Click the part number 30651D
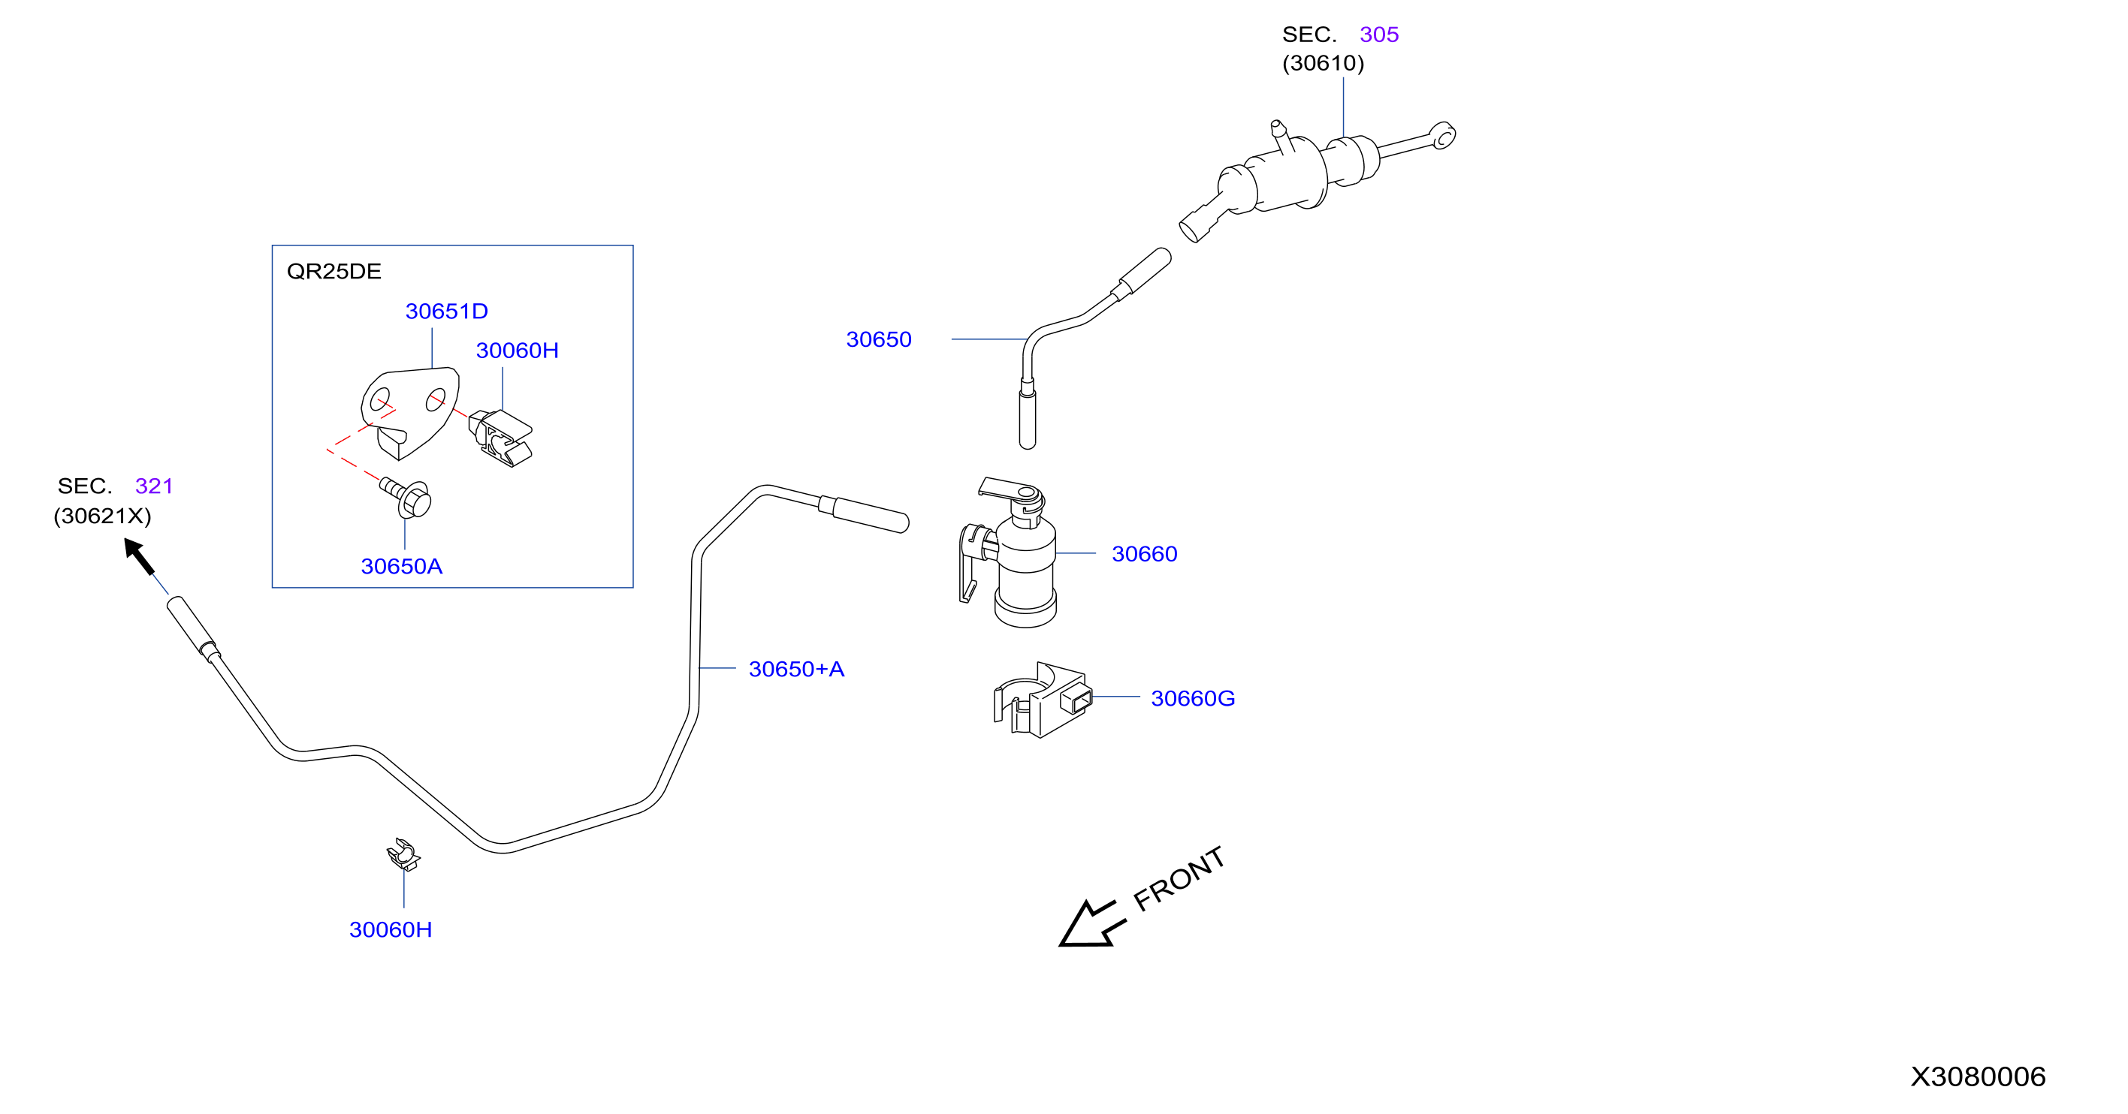pyautogui.click(x=446, y=312)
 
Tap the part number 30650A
pyautogui.click(x=401, y=567)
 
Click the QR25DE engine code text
pyautogui.click(x=334, y=272)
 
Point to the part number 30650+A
pyautogui.click(x=796, y=669)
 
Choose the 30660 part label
pyautogui.click(x=1144, y=554)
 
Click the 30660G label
pyautogui.click(x=1193, y=699)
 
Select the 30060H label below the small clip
pyautogui.click(x=391, y=930)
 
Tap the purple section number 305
pyautogui.click(x=1379, y=35)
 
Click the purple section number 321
pyautogui.click(x=155, y=486)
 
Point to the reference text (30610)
pyautogui.click(x=1323, y=64)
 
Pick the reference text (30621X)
pyautogui.click(x=102, y=516)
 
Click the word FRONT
pyautogui.click(x=1179, y=880)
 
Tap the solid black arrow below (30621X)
pyautogui.click(x=139, y=555)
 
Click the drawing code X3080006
pyautogui.click(x=1978, y=1076)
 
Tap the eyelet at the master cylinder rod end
pyautogui.click(x=1443, y=135)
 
